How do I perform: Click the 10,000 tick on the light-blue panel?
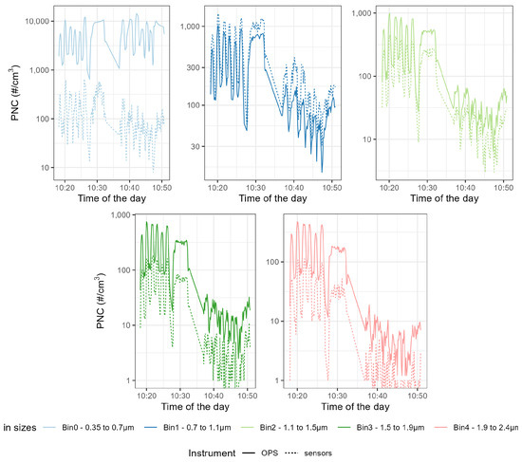point(35,21)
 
